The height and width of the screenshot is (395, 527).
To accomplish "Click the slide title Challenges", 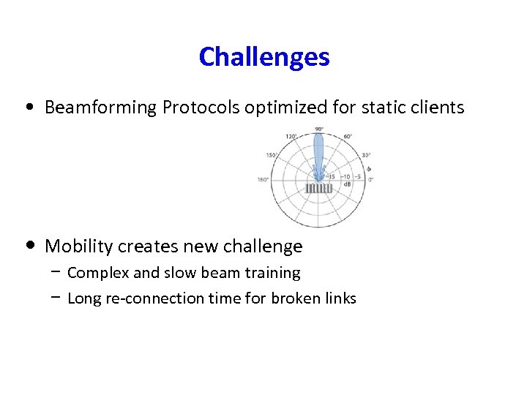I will [263, 56].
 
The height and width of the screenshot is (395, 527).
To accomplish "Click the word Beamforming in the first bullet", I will [101, 108].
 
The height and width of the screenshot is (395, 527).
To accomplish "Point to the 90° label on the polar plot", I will [319, 129].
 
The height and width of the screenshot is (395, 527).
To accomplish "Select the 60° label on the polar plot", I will [346, 136].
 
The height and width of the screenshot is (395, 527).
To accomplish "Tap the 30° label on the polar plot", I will [365, 155].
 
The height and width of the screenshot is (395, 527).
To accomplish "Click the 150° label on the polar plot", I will [272, 155].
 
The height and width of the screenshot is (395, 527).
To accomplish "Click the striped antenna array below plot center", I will [318, 189].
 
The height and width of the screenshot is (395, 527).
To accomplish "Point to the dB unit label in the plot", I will [347, 184].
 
